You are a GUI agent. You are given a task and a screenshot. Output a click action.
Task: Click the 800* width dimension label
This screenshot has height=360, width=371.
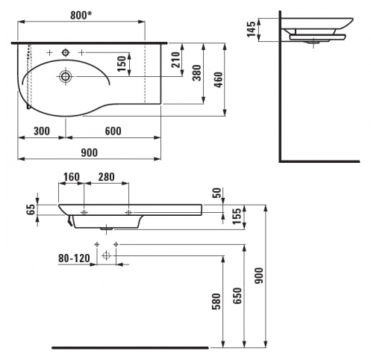point(81,15)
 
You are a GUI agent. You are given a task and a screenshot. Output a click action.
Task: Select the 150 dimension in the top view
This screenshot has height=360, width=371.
point(122,63)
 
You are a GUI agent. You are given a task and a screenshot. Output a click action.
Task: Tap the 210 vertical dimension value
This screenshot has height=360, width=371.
point(176,60)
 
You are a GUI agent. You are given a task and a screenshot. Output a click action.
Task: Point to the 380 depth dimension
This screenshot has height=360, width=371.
point(197,73)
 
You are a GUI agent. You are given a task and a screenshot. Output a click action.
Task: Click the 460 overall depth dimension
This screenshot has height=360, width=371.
point(219,80)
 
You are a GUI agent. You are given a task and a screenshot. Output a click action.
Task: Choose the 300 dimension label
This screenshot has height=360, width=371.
point(42,131)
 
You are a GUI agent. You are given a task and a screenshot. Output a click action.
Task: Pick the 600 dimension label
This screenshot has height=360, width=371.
point(113,131)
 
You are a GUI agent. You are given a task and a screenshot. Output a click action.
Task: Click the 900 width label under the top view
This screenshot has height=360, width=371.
point(90,152)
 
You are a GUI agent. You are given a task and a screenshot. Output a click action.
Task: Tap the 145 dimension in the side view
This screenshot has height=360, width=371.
point(252,29)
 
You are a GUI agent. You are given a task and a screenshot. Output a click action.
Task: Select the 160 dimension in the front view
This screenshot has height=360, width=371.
point(72,177)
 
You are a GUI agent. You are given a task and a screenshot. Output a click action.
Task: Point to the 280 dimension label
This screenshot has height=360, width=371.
point(107,177)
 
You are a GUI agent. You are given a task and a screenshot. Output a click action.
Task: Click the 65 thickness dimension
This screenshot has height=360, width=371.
point(31,210)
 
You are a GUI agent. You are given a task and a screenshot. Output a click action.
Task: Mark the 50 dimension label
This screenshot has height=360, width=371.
point(216,193)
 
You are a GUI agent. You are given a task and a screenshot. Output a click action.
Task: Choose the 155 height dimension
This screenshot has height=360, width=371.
point(237,216)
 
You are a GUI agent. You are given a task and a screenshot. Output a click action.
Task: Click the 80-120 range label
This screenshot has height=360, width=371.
point(74,258)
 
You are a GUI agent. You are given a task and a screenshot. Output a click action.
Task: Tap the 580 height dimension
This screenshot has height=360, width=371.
point(216,302)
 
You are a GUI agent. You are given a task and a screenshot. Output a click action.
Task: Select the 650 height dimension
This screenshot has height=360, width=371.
point(237,296)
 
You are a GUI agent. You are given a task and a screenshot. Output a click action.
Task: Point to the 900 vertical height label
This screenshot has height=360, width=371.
point(259,276)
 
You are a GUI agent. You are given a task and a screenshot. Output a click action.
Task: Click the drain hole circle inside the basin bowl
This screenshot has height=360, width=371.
point(66,76)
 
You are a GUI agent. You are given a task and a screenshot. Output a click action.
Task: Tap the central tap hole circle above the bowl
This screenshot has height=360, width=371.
point(66,52)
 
